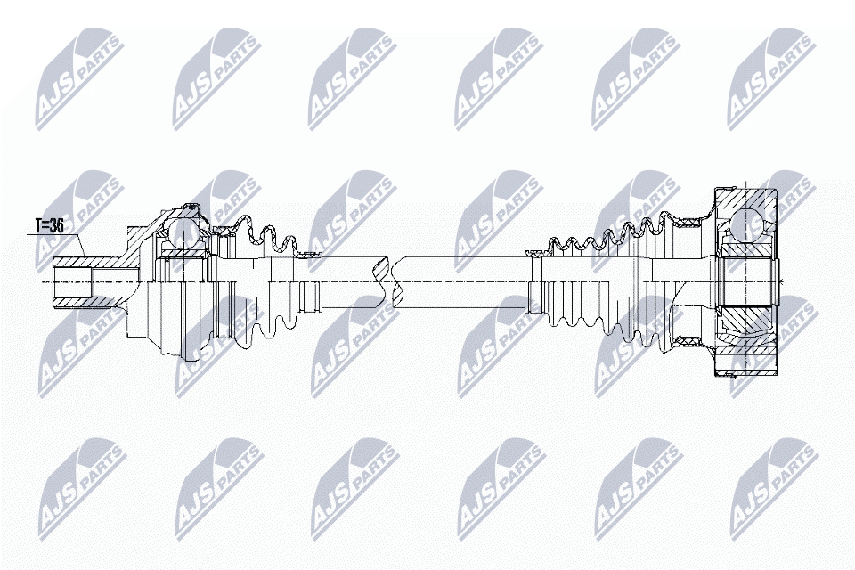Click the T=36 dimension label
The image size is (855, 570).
tap(49, 225)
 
